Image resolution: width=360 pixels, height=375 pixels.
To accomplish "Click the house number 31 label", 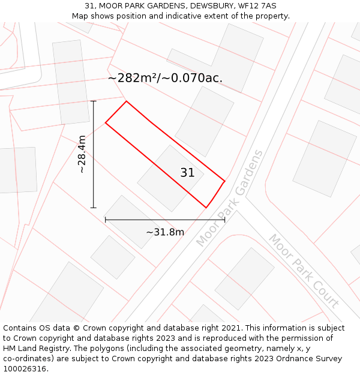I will [187, 173].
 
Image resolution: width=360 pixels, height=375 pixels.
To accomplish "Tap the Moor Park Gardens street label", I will [230, 198].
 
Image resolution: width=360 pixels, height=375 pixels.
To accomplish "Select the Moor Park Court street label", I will [304, 271].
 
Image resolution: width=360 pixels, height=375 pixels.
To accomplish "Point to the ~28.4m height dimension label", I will [82, 154].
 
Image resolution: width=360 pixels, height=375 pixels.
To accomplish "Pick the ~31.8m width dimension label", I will [165, 232].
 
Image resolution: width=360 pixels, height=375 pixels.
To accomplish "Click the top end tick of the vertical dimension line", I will [94, 101].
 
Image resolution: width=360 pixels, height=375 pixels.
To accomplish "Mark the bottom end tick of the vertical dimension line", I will [94, 208].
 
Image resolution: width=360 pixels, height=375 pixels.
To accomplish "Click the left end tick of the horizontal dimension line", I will [106, 220].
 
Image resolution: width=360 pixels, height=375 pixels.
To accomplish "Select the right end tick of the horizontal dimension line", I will [225, 220].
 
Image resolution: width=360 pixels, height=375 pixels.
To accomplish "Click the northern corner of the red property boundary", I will [126, 101].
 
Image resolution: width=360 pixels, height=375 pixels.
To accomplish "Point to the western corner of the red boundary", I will [106, 123].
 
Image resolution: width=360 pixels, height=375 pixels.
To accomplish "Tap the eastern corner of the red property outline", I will [225, 181].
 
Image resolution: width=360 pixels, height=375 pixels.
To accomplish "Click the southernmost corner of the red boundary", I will [206, 208].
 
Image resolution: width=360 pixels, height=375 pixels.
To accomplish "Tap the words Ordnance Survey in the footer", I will [310, 358].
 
